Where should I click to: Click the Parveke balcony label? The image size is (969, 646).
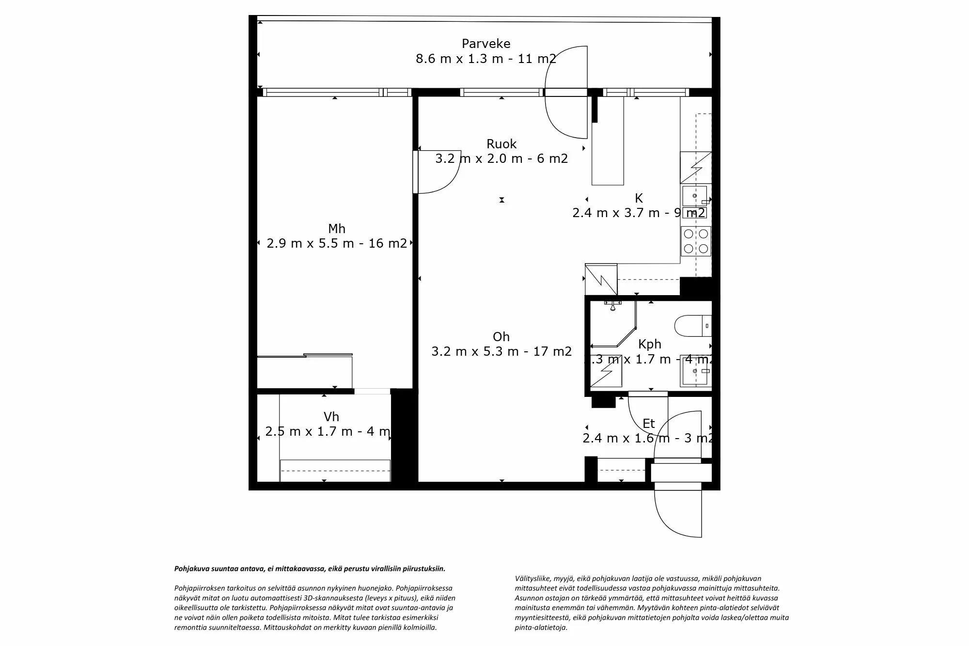pos(485,44)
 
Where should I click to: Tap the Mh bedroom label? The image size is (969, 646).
pos(336,228)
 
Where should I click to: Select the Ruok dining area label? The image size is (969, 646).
pos(501,144)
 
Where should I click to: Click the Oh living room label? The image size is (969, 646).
pos(501,336)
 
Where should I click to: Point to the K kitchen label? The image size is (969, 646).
pos(639,198)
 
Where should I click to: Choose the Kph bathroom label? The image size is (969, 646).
pos(649,344)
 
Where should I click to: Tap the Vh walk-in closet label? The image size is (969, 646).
pos(331,417)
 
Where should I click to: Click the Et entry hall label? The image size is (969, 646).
pos(648,424)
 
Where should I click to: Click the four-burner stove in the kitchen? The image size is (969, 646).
pos(696,241)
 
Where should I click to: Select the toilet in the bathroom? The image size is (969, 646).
pos(690,326)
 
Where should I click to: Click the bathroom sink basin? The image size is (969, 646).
pos(695,371)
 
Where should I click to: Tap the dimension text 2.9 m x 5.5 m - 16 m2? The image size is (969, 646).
pos(336,243)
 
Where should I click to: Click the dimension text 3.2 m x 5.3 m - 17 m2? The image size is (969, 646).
pos(501,351)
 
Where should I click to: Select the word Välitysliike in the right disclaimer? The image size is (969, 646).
pos(531,578)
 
